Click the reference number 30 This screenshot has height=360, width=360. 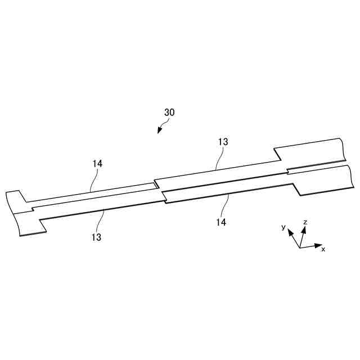(x=169, y=112)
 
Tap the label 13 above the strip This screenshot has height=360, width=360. (x=223, y=142)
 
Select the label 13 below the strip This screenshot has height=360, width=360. (x=96, y=237)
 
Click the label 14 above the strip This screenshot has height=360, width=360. (x=97, y=164)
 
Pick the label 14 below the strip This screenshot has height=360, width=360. (x=221, y=222)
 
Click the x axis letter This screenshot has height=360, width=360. (x=323, y=249)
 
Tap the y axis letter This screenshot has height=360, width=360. (x=283, y=227)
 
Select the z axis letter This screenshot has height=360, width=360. (x=305, y=222)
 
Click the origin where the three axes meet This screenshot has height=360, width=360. (x=300, y=247)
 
